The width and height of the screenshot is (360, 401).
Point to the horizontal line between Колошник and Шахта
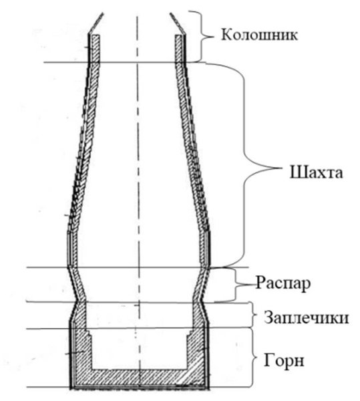134,63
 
